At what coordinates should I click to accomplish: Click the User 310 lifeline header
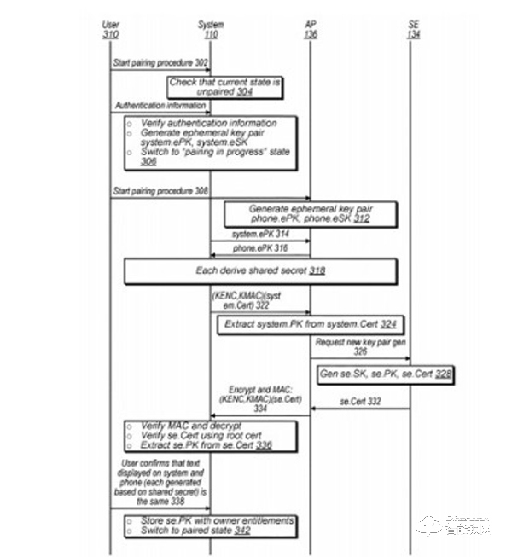pyautogui.click(x=110, y=28)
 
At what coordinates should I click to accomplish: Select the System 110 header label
pyautogui.click(x=211, y=28)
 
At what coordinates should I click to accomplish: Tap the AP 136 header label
pyautogui.click(x=310, y=28)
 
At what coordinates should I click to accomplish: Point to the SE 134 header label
pyautogui.click(x=413, y=28)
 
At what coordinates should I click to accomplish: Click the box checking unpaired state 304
pyautogui.click(x=225, y=86)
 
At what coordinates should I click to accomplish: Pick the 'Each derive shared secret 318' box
pyautogui.click(x=260, y=271)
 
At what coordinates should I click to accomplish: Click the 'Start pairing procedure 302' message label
pyautogui.click(x=154, y=64)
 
